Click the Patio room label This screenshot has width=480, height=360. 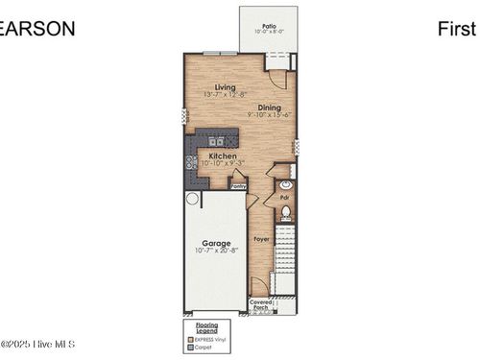pos(268,26)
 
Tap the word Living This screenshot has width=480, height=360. pos(225,87)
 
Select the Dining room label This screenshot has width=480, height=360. pos(269,108)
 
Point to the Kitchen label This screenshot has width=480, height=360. pos(223,156)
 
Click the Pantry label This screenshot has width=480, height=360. pos(239,186)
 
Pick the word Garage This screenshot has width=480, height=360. pos(215,243)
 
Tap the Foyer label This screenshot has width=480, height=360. pos(260,238)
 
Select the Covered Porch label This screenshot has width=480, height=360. pos(262,305)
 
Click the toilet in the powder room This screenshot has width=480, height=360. pos(285,213)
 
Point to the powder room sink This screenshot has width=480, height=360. pos(285,184)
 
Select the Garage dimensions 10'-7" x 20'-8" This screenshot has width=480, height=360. pos(215,252)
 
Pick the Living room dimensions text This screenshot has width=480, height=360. pos(226,95)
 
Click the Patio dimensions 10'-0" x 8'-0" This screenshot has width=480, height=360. pos(268,33)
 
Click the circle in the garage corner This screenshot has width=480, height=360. pos(192,199)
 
